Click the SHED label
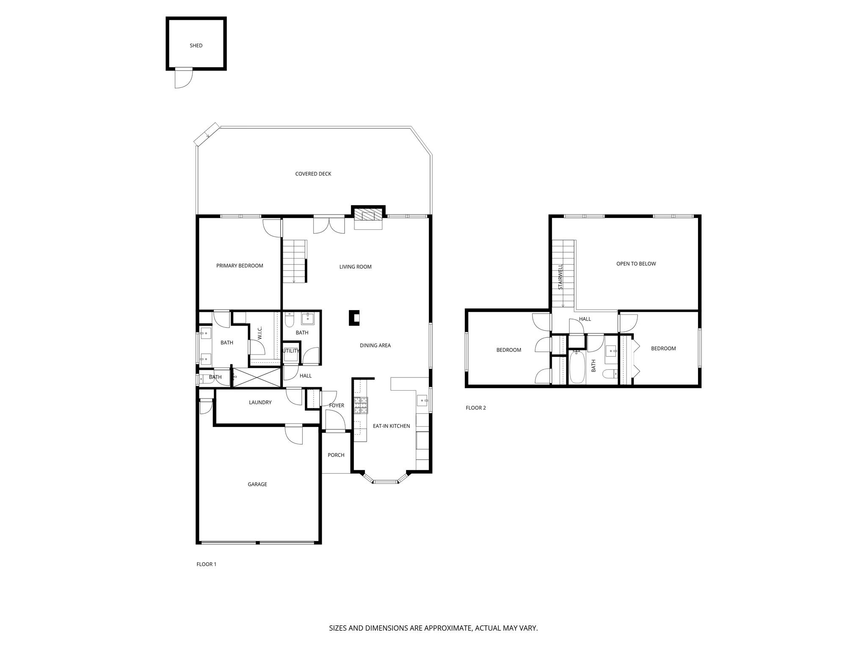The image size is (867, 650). click(196, 46)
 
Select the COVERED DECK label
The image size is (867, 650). click(313, 174)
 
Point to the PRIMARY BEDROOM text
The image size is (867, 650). click(240, 266)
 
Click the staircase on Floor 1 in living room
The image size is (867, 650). click(294, 261)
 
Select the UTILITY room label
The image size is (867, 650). click(291, 351)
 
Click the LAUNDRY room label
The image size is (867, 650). click(260, 402)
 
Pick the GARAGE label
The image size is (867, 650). click(257, 484)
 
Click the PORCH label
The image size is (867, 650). click(336, 455)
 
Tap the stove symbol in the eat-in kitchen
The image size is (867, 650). click(361, 405)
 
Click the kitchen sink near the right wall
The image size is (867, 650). click(422, 400)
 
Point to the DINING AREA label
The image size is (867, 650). click(375, 345)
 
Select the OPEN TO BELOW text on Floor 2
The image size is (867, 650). click(636, 264)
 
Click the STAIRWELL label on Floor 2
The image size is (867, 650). click(561, 277)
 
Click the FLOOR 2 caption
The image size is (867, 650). click(476, 408)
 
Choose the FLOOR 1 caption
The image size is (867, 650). click(206, 564)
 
